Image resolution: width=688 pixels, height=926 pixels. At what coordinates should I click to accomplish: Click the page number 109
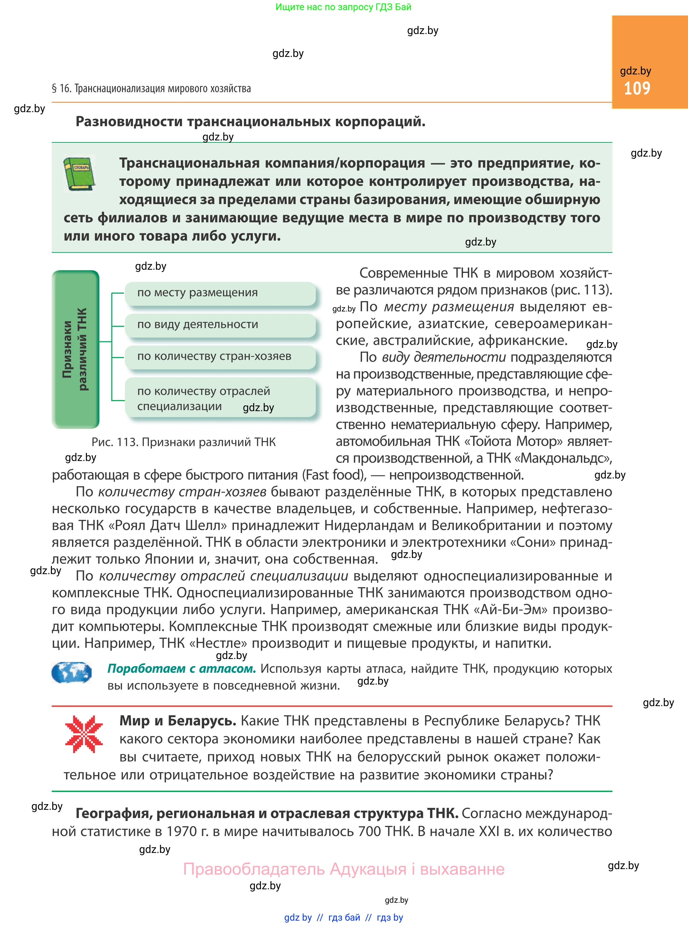[x=636, y=88]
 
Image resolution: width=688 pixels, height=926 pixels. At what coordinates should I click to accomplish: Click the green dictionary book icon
[x=79, y=174]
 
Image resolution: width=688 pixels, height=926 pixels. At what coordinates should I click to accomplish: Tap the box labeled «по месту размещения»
[x=220, y=293]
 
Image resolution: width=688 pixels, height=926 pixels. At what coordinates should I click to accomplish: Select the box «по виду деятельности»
[x=220, y=325]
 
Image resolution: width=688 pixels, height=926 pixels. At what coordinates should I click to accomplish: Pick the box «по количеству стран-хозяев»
[x=220, y=357]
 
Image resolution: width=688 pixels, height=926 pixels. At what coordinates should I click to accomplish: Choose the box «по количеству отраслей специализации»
[x=220, y=398]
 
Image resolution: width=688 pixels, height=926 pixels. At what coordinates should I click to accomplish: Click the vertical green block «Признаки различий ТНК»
[x=75, y=349]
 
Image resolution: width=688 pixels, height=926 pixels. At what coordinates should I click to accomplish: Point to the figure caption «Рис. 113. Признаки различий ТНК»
[x=183, y=442]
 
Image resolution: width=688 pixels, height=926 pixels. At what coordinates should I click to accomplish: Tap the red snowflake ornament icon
[x=84, y=734]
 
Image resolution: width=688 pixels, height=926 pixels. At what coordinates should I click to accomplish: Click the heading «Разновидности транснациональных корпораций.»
[x=250, y=122]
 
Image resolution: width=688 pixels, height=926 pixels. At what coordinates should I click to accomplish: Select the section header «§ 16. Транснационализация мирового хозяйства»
[x=151, y=89]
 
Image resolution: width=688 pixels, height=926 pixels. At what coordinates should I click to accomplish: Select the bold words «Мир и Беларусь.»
[x=178, y=721]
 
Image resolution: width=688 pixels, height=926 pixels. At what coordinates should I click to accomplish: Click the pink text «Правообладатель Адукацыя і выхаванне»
[x=343, y=869]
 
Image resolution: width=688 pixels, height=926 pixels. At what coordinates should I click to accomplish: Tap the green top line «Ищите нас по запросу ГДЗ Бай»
[x=343, y=7]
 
